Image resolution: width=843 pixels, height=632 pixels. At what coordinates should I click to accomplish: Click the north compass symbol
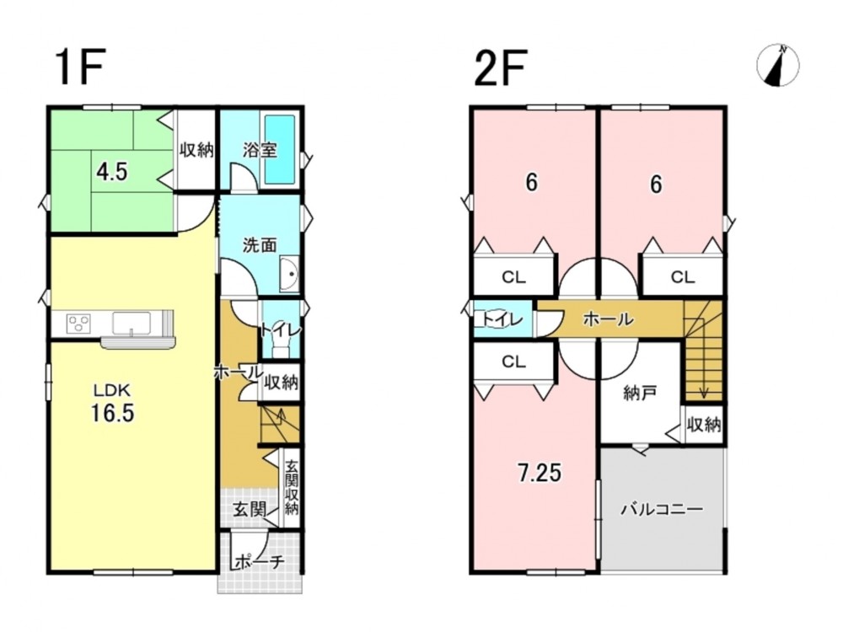(x=777, y=66)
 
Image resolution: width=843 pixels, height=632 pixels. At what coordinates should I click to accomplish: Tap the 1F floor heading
(x=79, y=67)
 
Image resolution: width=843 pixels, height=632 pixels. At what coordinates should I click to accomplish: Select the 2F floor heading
(x=500, y=67)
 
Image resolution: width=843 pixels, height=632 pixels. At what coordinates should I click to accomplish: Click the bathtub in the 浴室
(x=280, y=149)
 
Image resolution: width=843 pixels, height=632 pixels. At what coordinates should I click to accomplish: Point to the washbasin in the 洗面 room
(x=289, y=274)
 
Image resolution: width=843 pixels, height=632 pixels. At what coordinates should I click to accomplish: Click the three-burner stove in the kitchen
(x=78, y=324)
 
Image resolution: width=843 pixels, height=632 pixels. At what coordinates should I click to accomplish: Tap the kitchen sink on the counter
(x=132, y=324)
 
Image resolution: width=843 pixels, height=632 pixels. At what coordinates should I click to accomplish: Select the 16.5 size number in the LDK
(x=112, y=413)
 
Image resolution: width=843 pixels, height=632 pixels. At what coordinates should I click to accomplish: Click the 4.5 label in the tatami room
(x=112, y=172)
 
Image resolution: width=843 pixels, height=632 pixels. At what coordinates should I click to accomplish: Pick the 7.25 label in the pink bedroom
(x=540, y=473)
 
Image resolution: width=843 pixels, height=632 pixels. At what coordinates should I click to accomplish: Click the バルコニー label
(x=662, y=508)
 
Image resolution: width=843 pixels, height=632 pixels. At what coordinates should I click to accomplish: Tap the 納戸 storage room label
(x=640, y=394)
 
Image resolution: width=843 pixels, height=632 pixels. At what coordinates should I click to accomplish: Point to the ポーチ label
(x=260, y=562)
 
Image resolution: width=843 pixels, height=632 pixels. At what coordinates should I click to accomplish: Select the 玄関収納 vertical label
(x=292, y=487)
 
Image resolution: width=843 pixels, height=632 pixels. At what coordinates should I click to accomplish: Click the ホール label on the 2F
(x=609, y=319)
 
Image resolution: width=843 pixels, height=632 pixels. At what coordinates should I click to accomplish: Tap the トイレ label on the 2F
(x=502, y=319)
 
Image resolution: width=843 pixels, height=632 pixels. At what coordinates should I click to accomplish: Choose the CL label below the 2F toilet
(x=513, y=362)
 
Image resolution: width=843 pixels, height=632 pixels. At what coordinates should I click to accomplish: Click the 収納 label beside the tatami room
(x=196, y=149)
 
